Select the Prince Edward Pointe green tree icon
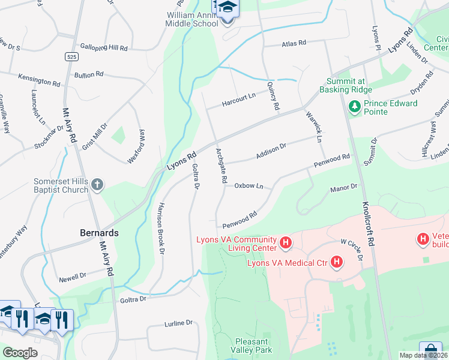(354, 107)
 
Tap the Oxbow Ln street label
(249, 186)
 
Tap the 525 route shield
(71, 56)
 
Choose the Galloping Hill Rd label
(105, 47)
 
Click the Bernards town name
(99, 232)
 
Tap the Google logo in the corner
(20, 353)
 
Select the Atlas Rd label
(294, 43)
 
